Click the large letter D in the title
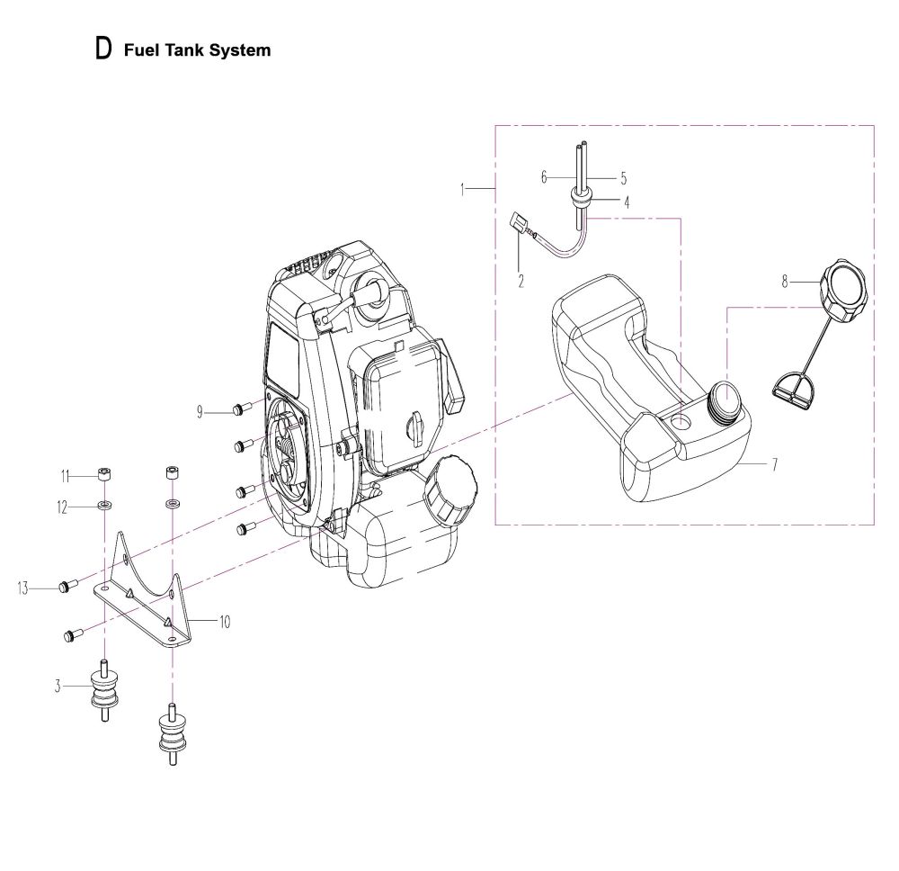(x=103, y=49)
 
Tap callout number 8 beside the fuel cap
(x=785, y=282)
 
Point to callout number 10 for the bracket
(x=225, y=622)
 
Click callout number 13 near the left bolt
(x=23, y=588)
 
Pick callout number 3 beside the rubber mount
(x=58, y=686)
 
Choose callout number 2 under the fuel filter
(x=521, y=281)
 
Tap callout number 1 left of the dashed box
(x=462, y=189)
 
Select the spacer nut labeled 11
(x=103, y=475)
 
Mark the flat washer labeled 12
(x=104, y=506)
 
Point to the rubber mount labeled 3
(x=104, y=690)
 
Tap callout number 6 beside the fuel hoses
(x=544, y=177)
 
